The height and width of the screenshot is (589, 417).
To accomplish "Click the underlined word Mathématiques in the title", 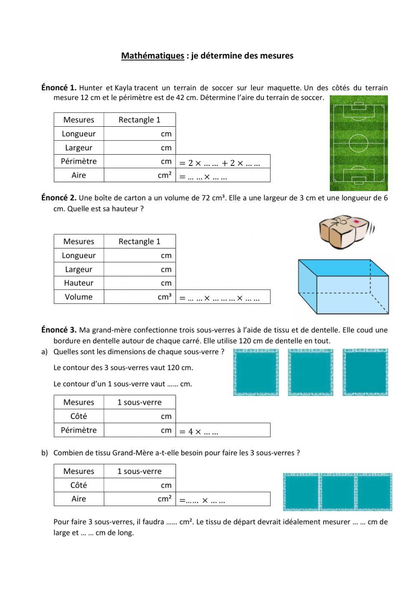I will (x=153, y=55).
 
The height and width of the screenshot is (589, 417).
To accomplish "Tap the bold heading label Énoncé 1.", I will (x=58, y=88).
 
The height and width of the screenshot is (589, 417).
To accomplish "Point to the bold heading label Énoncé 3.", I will (x=58, y=330).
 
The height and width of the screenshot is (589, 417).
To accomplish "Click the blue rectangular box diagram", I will (x=343, y=287).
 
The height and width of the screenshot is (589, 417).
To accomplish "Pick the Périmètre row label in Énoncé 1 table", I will (x=79, y=161).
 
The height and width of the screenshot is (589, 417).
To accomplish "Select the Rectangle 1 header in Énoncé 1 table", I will (x=139, y=120).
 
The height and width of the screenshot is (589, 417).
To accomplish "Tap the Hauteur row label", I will (x=79, y=283).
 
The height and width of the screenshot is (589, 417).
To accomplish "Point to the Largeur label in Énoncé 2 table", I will (x=79, y=269).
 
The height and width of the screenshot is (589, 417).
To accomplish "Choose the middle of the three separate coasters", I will (x=310, y=372).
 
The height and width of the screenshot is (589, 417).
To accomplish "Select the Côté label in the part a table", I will (x=79, y=416).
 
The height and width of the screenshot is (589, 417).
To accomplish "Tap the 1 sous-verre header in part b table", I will (x=139, y=471).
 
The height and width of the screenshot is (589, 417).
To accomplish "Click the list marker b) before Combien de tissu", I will (x=44, y=453).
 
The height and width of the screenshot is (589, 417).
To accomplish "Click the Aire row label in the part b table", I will (x=79, y=499).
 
